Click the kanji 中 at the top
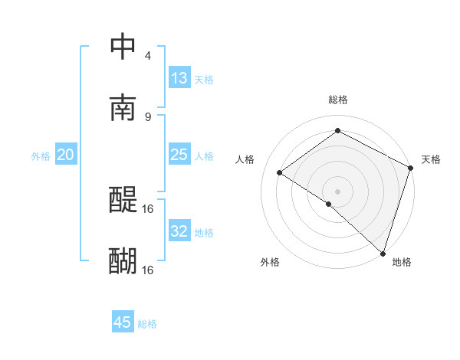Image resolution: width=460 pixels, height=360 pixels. pos(123,47)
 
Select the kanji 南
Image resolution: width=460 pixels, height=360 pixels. pos(123,108)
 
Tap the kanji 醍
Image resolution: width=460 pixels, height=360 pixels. pos(123,201)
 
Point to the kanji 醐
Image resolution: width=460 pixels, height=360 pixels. pos(123,261)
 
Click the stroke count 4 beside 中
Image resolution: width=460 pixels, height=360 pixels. pos(147,56)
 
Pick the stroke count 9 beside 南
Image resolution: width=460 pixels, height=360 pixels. pos(147,116)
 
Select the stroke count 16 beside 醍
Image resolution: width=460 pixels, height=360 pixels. pos(148,208)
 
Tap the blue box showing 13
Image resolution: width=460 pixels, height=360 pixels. pos(179,78)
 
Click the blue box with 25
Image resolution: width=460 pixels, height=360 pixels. pos(179,155)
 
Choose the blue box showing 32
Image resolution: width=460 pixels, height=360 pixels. pos(179,231)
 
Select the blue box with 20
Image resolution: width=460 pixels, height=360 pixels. pos(65,155)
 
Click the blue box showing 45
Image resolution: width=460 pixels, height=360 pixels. pos(123,322)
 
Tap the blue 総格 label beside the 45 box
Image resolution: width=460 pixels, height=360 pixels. pos(147,324)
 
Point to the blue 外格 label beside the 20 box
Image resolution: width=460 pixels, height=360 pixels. pos(41,156)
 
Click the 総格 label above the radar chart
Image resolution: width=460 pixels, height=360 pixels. pos(338,100)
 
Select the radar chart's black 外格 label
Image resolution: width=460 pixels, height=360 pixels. pos(270,262)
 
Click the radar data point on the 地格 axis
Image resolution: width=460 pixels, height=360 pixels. pos(383,253)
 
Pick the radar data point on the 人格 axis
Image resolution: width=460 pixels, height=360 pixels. pos(280,172)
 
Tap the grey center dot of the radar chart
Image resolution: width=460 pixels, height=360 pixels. pos(337,191)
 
